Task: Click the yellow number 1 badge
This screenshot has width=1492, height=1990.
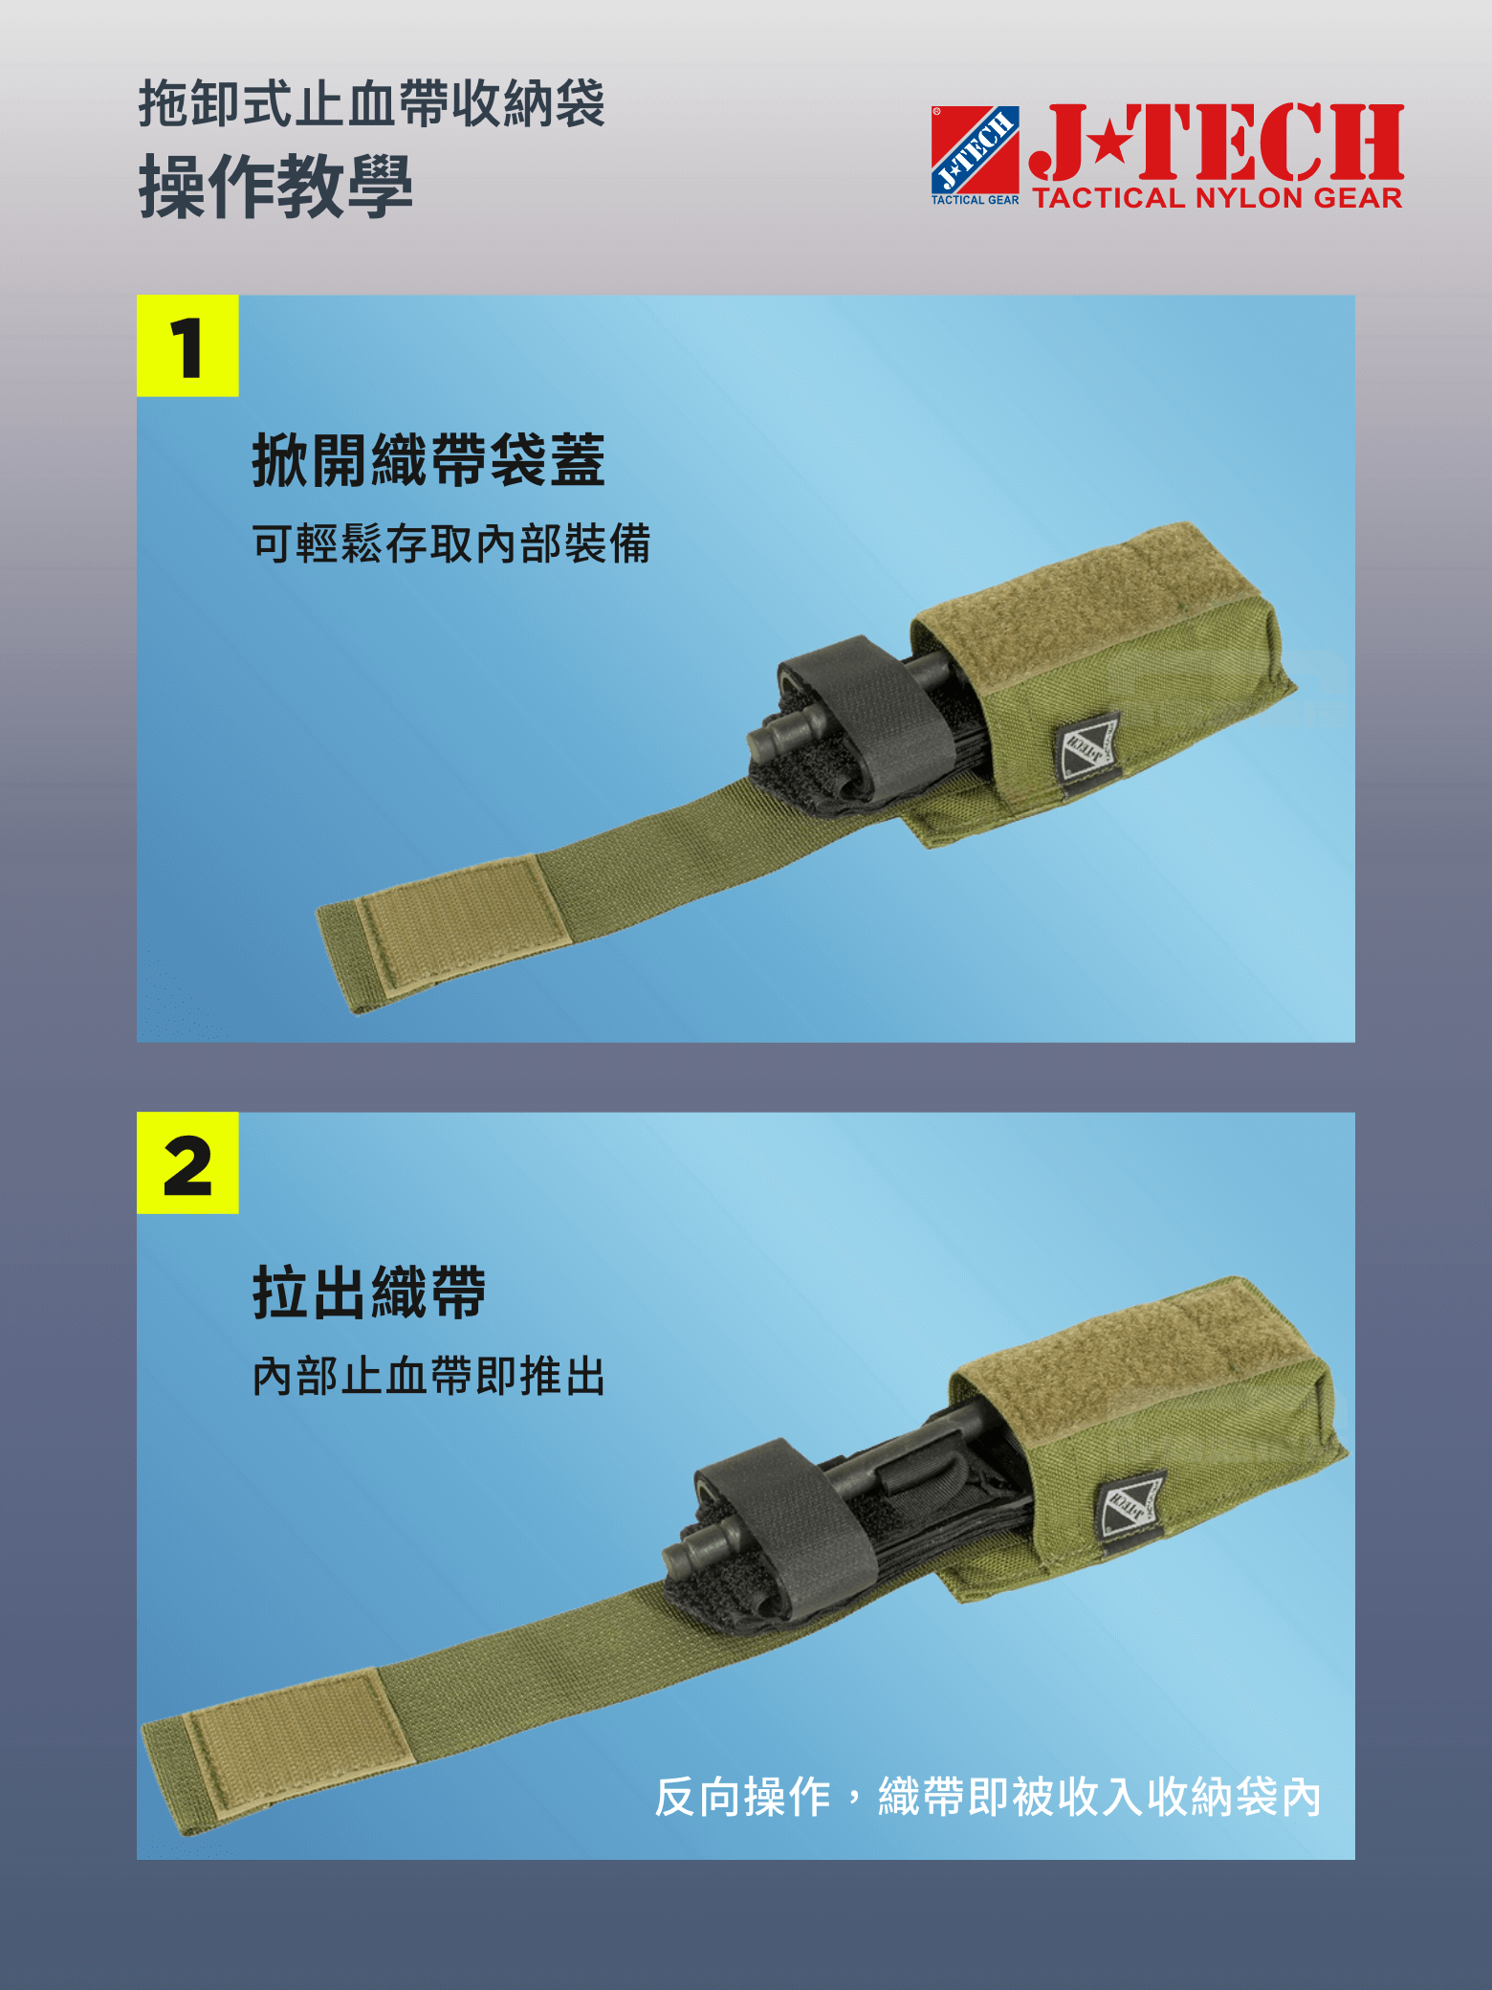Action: (187, 346)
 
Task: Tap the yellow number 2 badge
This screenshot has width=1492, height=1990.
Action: (187, 1163)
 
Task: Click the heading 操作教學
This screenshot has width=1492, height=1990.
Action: (276, 186)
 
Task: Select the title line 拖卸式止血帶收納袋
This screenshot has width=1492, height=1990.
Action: (372, 103)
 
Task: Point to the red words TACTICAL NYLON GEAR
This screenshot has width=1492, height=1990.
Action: (1218, 198)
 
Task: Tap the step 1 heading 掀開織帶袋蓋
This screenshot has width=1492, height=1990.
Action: (428, 460)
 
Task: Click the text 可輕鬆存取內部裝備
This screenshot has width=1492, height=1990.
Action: (451, 543)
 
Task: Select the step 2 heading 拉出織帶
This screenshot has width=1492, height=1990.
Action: (370, 1293)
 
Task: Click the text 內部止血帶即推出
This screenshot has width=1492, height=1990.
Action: (429, 1377)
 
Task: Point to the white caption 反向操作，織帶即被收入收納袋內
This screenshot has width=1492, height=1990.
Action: (987, 1797)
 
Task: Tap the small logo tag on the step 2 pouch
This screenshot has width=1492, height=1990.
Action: (1131, 1505)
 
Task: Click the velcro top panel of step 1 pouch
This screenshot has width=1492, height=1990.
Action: (1081, 593)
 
